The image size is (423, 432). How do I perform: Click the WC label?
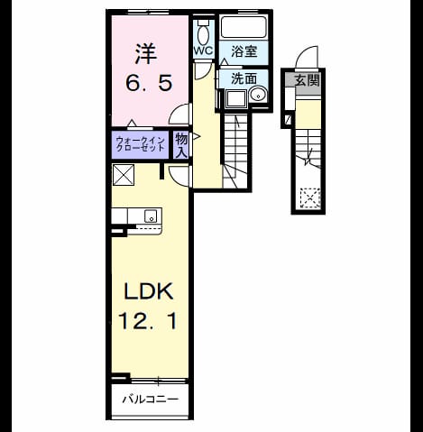click(203, 51)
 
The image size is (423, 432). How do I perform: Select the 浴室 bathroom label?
click(244, 51)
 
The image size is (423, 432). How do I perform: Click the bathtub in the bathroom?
click(244, 27)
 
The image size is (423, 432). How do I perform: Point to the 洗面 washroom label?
click(244, 78)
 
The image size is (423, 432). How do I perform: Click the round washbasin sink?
click(258, 95)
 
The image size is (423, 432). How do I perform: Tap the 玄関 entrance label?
click(307, 80)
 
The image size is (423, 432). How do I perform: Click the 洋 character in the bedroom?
click(145, 54)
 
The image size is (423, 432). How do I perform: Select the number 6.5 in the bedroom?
click(149, 83)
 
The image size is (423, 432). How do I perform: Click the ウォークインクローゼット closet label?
click(141, 144)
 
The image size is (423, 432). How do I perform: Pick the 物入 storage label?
click(181, 145)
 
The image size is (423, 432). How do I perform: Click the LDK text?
click(149, 291)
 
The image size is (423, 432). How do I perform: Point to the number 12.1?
click(148, 320)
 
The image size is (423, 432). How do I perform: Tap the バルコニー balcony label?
click(151, 400)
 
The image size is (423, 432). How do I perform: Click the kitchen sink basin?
click(151, 216)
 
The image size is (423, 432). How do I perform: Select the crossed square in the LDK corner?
click(124, 175)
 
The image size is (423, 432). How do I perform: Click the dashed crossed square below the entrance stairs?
click(310, 198)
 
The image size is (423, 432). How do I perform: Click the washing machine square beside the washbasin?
click(236, 98)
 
